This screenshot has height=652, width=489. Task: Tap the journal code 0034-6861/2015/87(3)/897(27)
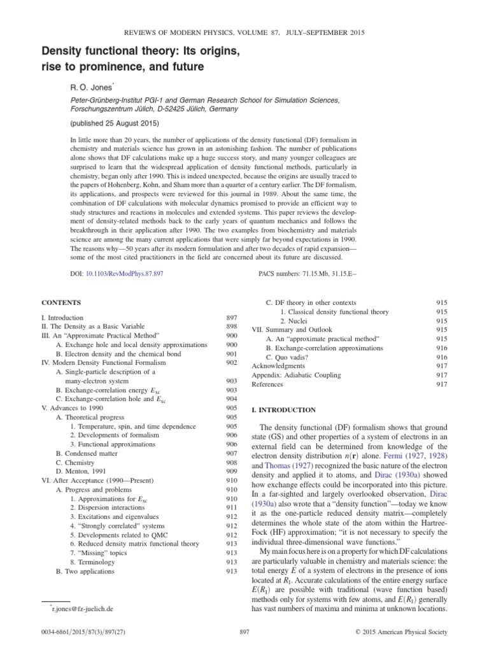pos(80,632)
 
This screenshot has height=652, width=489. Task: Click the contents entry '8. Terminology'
pos(96,562)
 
